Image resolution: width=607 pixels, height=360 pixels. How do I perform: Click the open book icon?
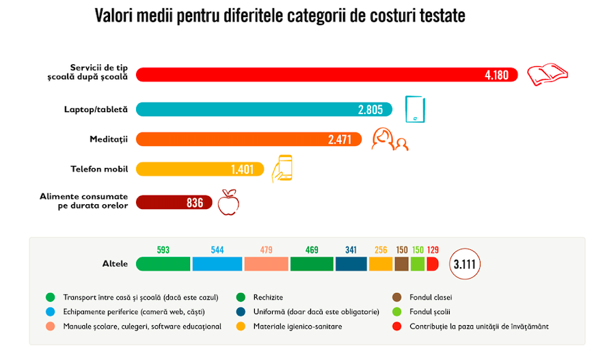548,74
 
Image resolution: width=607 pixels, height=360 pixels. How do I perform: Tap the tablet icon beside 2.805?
414,109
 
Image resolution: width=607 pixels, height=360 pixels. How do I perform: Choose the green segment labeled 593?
163,264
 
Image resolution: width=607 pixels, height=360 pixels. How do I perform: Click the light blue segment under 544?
217,264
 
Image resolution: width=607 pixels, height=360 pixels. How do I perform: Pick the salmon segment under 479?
266,264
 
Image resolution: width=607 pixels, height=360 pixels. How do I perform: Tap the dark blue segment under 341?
351,264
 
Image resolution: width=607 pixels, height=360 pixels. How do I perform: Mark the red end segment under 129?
432,264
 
